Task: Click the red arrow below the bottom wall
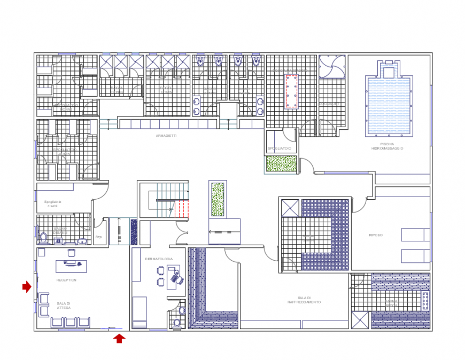click(x=119, y=338)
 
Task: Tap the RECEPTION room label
click(x=66, y=280)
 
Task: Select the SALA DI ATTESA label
click(x=64, y=306)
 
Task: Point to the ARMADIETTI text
click(x=166, y=136)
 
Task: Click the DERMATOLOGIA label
click(x=159, y=259)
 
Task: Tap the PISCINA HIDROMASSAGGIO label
click(x=387, y=146)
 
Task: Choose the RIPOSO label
click(x=376, y=235)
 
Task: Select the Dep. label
click(x=98, y=236)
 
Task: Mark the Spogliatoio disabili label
click(x=53, y=204)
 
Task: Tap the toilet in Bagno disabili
click(x=44, y=236)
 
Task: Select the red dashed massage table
click(x=291, y=91)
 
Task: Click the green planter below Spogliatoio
click(x=281, y=163)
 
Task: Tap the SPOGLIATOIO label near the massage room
click(x=280, y=148)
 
